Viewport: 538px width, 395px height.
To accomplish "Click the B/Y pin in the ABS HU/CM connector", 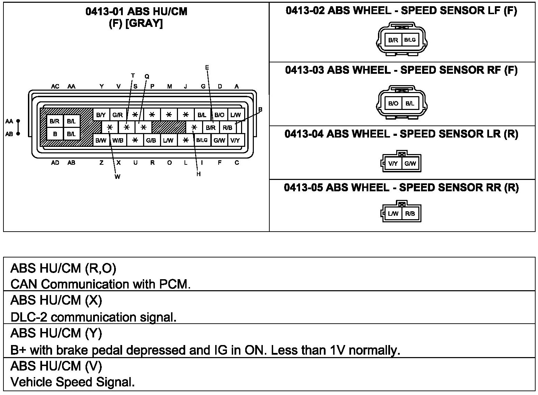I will pos(101,115).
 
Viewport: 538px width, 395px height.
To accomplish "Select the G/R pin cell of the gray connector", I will pos(118,115).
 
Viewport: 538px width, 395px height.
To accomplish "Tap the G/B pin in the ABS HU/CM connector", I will pos(151,140).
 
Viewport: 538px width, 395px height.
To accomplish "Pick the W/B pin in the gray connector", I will pos(118,140).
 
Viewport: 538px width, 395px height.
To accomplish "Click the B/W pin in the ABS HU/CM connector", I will pos(101,140).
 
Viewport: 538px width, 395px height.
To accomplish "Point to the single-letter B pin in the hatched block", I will pos(55,134).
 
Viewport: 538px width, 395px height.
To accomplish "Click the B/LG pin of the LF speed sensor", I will pos(410,40).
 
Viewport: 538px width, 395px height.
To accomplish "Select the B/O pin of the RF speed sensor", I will pos(393,103).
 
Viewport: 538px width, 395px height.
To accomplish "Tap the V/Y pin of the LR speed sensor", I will pos(393,164).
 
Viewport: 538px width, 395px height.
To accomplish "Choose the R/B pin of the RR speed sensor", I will pos(410,214).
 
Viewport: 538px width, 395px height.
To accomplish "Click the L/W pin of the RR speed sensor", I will pos(393,214).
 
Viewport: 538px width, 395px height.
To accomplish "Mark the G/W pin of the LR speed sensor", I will pos(410,164).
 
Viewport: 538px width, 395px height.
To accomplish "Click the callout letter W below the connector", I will pos(117,177).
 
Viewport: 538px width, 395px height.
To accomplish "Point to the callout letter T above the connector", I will pos(133,75).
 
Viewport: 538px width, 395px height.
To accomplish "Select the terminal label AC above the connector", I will pos(55,87).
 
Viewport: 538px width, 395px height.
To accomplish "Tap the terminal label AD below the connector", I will pos(55,163).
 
